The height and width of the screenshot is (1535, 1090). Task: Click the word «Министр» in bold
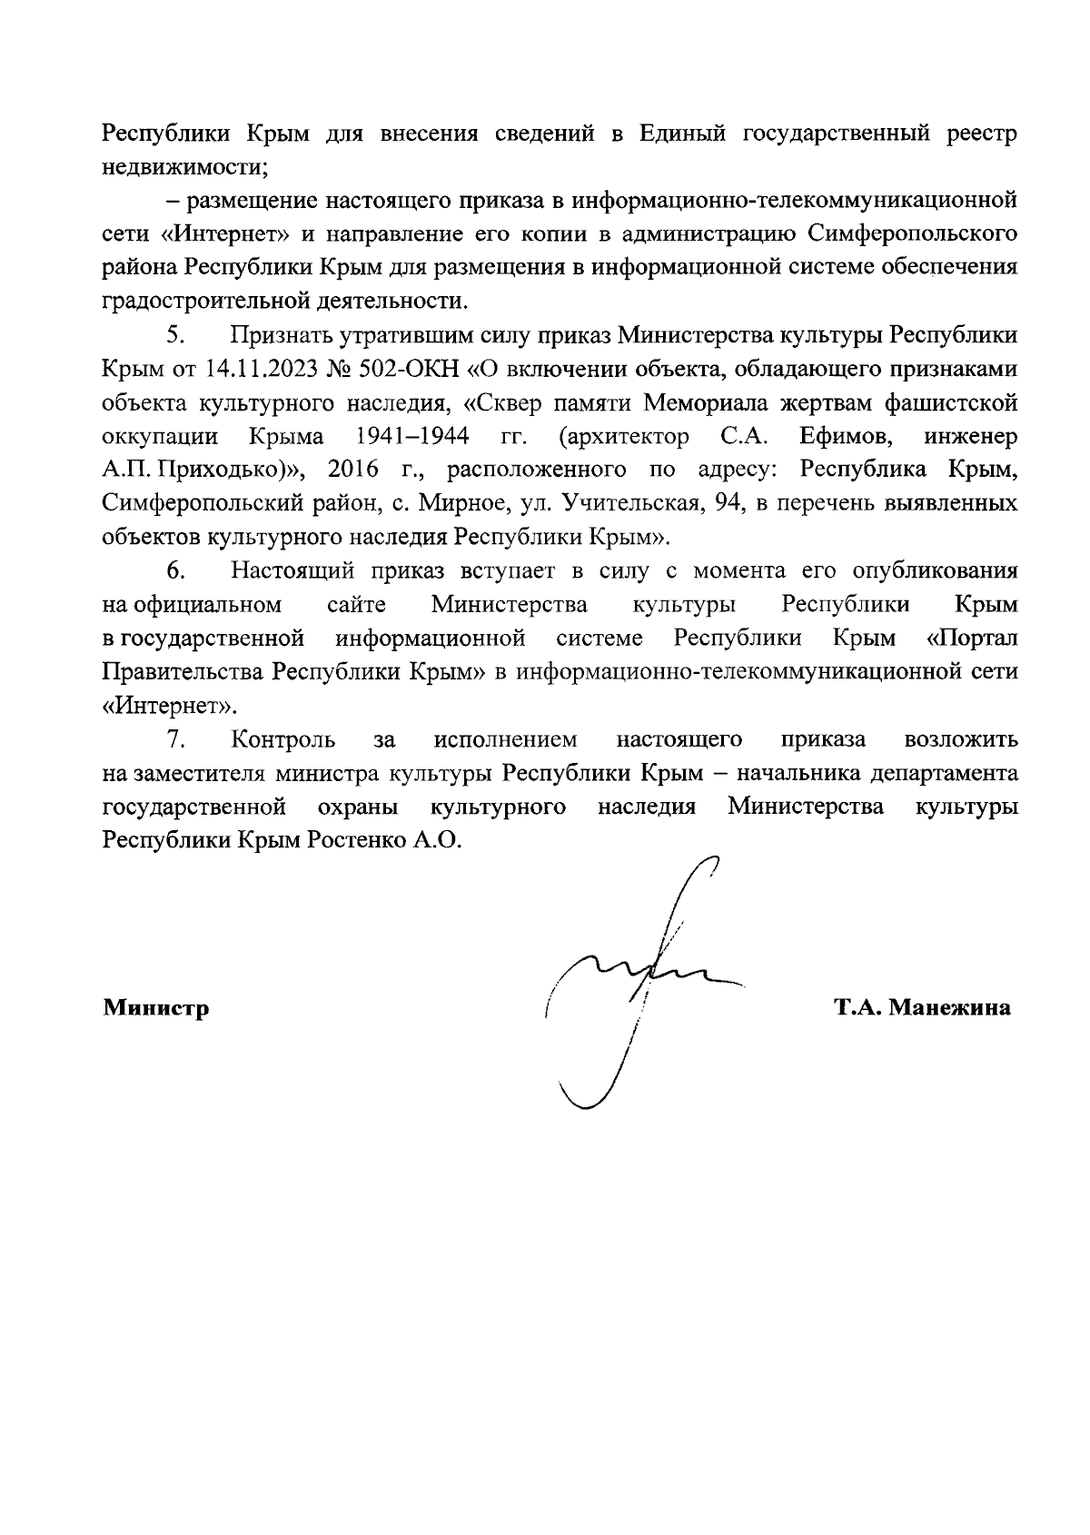pyautogui.click(x=155, y=1008)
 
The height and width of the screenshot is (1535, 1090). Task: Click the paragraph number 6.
pyautogui.click(x=175, y=571)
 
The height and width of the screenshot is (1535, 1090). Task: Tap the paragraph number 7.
pyautogui.click(x=175, y=739)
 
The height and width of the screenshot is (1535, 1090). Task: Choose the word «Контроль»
pyautogui.click(x=283, y=739)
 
